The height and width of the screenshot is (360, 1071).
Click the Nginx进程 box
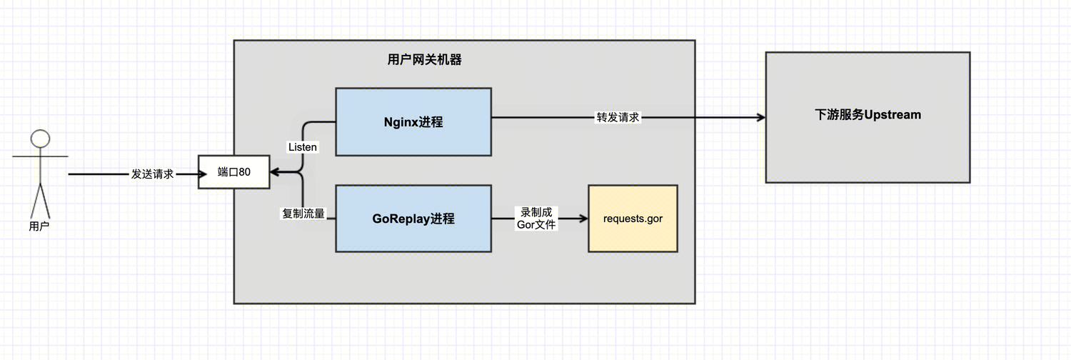pos(413,121)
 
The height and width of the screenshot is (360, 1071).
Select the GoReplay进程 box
pos(413,219)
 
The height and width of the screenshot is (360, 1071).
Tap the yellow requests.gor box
pos(633,219)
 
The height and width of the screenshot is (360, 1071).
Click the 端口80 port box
pos(233,172)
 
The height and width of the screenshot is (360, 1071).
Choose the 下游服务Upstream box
pos(868,117)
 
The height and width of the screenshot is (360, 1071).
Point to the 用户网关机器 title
pos(425,60)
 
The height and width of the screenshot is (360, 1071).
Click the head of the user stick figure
pos(40,139)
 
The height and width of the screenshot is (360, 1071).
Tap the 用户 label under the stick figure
pos(40,226)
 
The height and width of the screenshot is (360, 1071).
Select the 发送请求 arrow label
pos(152,174)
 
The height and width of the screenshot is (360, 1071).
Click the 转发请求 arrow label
pos(618,117)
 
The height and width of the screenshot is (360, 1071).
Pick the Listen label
pos(303,147)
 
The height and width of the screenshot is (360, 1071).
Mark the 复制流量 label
pos(303,213)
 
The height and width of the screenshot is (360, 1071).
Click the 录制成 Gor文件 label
pos(536,219)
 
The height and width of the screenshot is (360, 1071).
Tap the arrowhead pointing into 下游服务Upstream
pos(760,117)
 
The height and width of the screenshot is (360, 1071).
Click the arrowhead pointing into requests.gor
pos(583,219)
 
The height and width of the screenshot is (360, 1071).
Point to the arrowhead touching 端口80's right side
pos(275,173)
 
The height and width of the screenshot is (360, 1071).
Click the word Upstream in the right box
pos(892,114)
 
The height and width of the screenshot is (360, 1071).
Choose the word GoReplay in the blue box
pos(401,219)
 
